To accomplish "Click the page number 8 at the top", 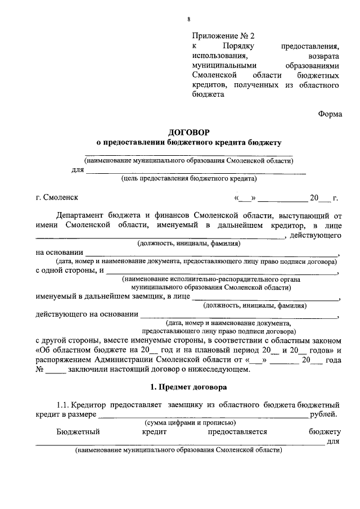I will pos(189,20).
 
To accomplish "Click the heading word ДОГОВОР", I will pos(188,132).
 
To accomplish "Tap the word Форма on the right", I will pos(330,113).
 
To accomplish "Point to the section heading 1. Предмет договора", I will pos(188,388).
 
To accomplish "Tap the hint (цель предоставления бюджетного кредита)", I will pos(189,179).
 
